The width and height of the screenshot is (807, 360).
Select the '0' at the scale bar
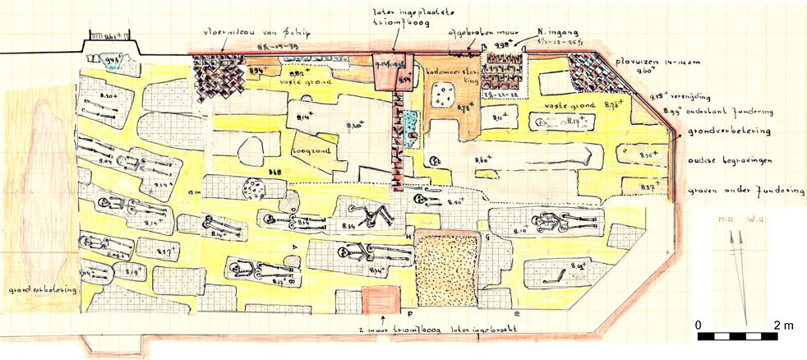tap(698, 325)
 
